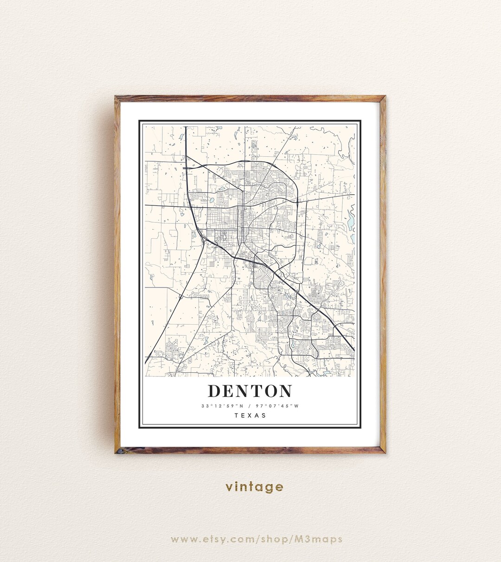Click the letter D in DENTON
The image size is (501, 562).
(x=214, y=391)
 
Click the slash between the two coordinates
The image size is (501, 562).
(x=250, y=406)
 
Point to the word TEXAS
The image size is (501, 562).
(x=250, y=415)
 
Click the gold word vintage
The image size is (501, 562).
(x=254, y=487)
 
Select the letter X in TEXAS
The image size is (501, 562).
(x=250, y=415)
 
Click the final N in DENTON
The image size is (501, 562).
(x=285, y=391)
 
